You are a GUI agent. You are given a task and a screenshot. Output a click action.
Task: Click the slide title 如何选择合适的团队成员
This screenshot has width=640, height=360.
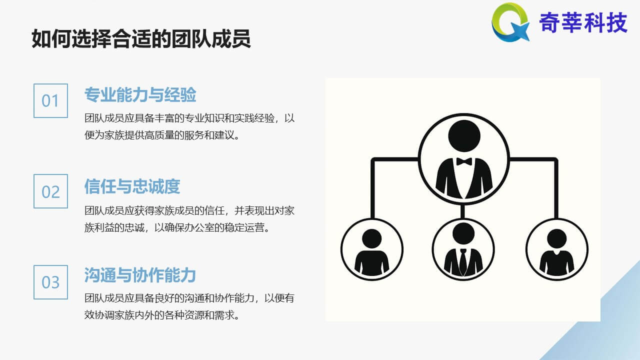point(141,38)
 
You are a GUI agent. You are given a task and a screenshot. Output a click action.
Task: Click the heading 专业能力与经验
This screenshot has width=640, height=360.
point(140,94)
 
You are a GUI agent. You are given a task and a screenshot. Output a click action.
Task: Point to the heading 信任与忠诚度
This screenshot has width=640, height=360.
point(132,186)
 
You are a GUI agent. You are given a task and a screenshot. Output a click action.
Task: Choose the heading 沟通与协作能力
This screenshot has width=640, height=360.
point(140,275)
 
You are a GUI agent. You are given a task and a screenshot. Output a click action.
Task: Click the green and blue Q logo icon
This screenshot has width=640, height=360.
point(510,22)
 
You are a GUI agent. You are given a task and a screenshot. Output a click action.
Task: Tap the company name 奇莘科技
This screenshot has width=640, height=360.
point(583,22)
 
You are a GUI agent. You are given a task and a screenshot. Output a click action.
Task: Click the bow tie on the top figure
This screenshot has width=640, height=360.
point(464,161)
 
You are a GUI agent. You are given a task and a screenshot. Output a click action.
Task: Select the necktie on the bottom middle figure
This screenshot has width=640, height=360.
point(463,261)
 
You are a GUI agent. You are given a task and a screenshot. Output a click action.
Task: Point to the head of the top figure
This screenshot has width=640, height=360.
point(464,135)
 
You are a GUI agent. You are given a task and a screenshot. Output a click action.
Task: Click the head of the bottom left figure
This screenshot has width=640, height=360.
point(371,238)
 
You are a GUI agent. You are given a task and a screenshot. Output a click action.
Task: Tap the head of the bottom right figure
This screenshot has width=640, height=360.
point(557,238)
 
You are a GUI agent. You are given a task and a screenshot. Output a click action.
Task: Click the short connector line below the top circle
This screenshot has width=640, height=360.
point(463,211)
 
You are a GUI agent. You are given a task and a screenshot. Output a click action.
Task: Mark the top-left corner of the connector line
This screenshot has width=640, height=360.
point(372,159)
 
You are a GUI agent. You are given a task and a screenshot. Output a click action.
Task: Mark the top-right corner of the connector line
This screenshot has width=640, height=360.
point(556,159)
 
